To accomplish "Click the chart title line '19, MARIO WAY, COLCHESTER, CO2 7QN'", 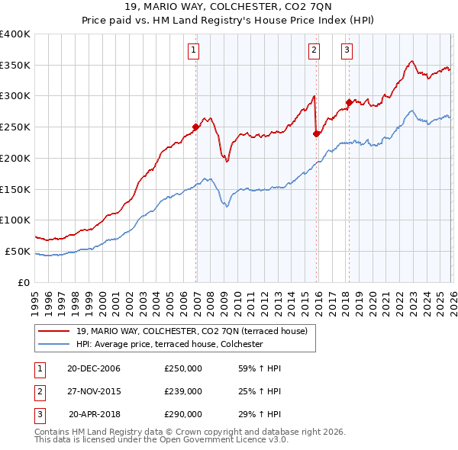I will [x=229, y=8].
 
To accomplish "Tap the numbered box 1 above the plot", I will [x=194, y=51].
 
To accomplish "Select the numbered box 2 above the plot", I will [x=314, y=51].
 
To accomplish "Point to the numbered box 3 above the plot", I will [x=347, y=51].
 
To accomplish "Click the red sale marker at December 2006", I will [x=196, y=127].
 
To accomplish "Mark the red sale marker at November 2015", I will [x=317, y=133].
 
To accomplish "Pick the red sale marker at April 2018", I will [x=349, y=102].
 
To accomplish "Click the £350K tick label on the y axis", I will [x=15, y=66].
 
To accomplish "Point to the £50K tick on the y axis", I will [x=18, y=251].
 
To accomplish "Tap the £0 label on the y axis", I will [x=24, y=282].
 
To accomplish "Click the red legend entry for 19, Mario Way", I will [x=191, y=331].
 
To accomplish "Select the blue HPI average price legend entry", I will [x=169, y=345].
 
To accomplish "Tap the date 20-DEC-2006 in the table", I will [x=94, y=368].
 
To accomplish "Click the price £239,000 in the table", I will [x=183, y=391].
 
